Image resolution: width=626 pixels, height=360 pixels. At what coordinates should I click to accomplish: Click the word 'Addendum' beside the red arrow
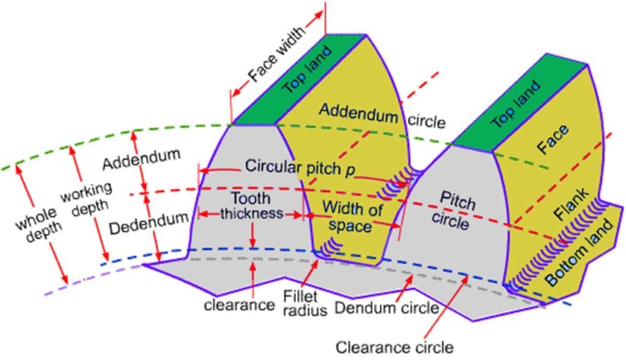pyautogui.click(x=141, y=160)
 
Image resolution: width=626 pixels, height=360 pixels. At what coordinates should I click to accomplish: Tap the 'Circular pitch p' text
pyautogui.click(x=300, y=166)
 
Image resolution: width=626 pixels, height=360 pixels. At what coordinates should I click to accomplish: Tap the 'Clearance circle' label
pyautogui.click(x=394, y=348)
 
